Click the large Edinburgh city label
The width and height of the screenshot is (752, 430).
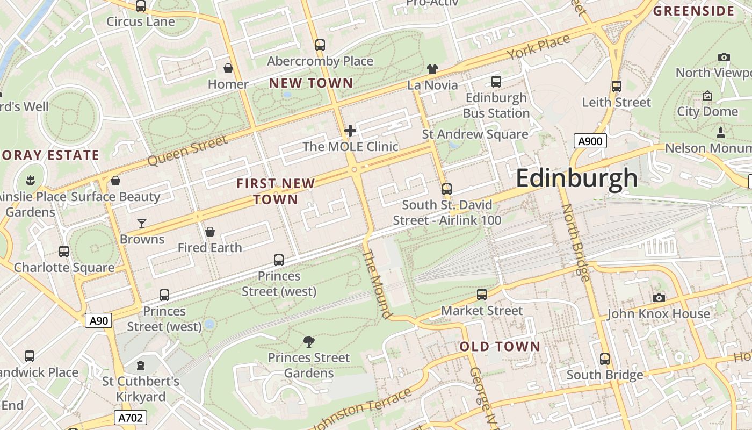(576, 178)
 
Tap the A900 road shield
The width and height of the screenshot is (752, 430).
(590, 141)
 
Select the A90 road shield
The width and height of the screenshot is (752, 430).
(98, 321)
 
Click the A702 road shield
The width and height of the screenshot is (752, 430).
(131, 418)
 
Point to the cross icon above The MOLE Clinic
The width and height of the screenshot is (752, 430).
(350, 130)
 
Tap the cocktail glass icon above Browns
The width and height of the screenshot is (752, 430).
(142, 223)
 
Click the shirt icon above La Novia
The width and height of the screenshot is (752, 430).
(432, 69)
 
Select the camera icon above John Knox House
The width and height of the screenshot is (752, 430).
(659, 298)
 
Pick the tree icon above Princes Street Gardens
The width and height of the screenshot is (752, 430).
(308, 341)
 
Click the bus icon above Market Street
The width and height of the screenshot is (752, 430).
(482, 295)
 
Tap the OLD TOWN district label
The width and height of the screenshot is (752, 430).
(500, 347)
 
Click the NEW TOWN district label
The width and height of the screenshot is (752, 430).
(311, 83)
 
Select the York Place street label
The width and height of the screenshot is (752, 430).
(538, 48)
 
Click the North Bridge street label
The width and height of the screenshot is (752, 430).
(575, 242)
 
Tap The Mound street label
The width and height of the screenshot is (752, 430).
(378, 283)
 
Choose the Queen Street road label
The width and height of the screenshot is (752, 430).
(187, 150)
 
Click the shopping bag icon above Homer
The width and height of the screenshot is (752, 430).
(228, 68)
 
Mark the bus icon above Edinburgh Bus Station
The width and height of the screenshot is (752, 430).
(496, 82)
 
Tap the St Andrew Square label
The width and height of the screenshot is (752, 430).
(475, 134)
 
